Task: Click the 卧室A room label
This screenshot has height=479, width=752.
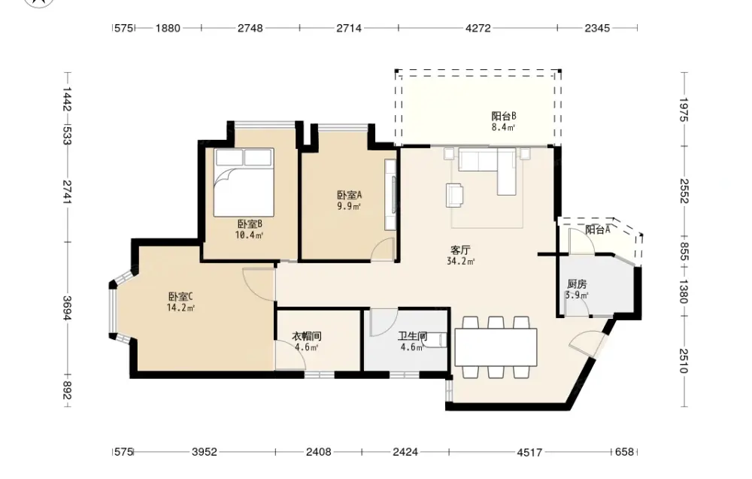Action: [349, 196]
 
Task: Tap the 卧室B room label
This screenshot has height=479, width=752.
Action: [250, 224]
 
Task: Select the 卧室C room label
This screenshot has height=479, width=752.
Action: [180, 297]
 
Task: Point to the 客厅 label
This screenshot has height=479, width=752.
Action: [460, 250]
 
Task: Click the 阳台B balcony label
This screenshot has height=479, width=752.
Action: [504, 116]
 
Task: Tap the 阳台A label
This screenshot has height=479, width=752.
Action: [598, 229]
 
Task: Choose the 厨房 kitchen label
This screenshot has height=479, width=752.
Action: [577, 284]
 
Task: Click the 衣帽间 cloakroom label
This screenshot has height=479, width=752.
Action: [307, 337]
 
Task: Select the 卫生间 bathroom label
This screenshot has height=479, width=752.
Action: [412, 337]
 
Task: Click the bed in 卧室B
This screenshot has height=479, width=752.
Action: [244, 182]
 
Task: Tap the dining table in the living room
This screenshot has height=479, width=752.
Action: [496, 347]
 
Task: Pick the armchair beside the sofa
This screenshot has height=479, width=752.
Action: [455, 196]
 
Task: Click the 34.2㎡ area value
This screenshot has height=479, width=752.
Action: [460, 262]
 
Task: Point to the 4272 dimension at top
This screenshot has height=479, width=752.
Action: [478, 29]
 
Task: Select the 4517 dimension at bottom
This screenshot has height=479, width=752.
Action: [529, 452]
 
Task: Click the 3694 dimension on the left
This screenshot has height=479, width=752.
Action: [67, 308]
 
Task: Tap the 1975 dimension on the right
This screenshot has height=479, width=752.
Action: [684, 110]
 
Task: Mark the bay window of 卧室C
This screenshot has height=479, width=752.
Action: [120, 308]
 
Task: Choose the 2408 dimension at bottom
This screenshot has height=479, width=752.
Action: [318, 452]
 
